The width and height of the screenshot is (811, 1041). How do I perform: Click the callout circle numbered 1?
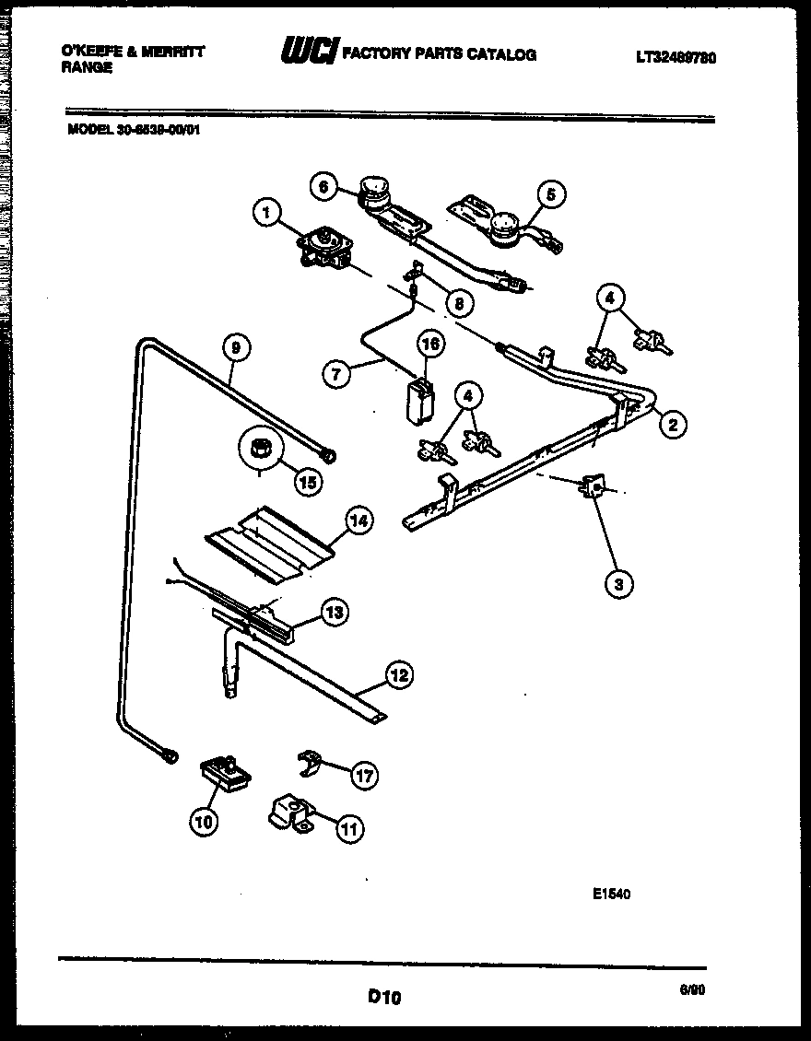point(266,215)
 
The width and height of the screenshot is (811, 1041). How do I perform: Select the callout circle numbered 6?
point(323,186)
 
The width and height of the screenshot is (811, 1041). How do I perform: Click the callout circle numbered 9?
point(236,347)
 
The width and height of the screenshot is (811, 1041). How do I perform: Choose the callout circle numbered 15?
point(309,480)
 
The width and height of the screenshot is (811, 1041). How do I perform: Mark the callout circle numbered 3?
point(618,582)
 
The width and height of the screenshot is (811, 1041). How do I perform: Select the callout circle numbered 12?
point(397,675)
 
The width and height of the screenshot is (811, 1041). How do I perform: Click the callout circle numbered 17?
point(366,776)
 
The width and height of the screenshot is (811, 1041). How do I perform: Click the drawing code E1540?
point(612,893)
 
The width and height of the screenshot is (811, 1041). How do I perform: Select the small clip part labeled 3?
point(593,486)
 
